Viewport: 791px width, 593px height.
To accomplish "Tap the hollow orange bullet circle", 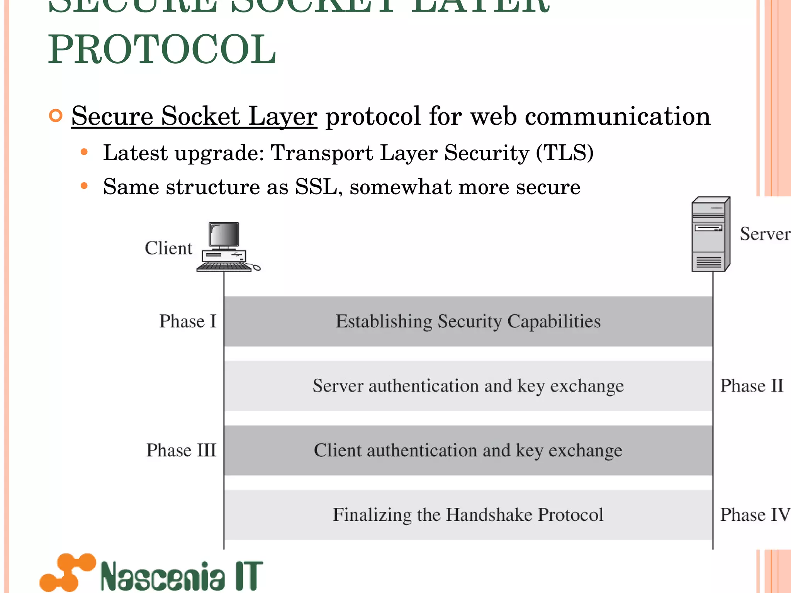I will pyautogui.click(x=56, y=116).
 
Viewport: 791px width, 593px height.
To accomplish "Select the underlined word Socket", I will pyautogui.click(x=200, y=116).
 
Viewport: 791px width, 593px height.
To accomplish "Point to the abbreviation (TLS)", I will pyautogui.click(x=565, y=152).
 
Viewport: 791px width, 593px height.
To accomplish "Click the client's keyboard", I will pyautogui.click(x=223, y=267).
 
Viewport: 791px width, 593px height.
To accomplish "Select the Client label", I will pyautogui.click(x=168, y=248).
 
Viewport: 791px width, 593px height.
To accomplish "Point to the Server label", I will pyautogui.click(x=765, y=234).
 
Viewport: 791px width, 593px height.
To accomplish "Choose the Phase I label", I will pyautogui.click(x=188, y=321).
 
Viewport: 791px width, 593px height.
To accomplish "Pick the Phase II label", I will pyautogui.click(x=752, y=386).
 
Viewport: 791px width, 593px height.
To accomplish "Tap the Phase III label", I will pyautogui.click(x=181, y=450).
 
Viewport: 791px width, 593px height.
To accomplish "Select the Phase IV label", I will pyautogui.click(x=755, y=515).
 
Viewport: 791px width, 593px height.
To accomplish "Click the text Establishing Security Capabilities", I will pyautogui.click(x=468, y=321).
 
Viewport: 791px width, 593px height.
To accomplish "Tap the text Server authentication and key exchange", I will pyautogui.click(x=468, y=386).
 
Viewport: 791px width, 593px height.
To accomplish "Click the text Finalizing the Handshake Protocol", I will pyautogui.click(x=468, y=515).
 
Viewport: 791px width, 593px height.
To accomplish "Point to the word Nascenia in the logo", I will pyautogui.click(x=162, y=576).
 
